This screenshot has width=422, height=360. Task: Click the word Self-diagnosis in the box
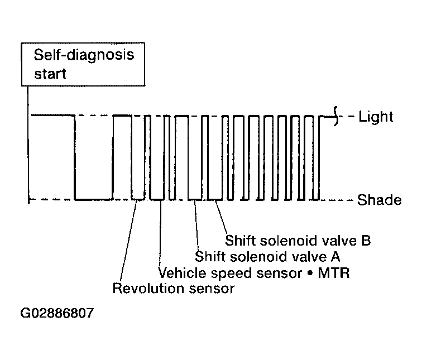coord(84,55)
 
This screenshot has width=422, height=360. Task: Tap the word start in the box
coord(50,74)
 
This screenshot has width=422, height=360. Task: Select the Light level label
coord(376,117)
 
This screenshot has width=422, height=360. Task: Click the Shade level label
coord(379,200)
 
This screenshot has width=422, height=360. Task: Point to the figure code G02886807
coord(57,313)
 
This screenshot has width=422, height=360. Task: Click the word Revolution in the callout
coord(148,288)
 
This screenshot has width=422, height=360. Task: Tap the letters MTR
coord(334,273)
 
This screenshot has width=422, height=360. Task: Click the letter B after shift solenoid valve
coord(366,240)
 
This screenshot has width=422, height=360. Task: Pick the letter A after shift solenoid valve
coord(335,256)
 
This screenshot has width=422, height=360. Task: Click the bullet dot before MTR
coord(310,273)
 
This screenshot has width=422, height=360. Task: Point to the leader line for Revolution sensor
coord(128,241)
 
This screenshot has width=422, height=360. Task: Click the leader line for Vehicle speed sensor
coord(160,233)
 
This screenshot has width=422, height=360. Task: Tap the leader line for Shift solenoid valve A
coord(196,225)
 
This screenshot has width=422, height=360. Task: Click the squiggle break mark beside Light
coord(335,116)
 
